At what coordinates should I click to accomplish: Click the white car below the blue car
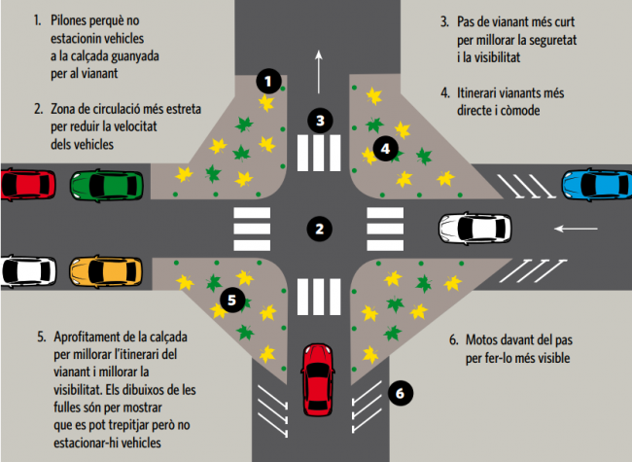coord(474,229)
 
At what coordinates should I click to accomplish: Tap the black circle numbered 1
coord(269,81)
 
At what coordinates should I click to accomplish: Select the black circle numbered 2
coord(318,230)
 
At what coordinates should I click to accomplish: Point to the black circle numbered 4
coord(386,149)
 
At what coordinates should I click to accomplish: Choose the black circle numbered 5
coord(230,300)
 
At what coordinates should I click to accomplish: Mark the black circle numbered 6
coord(400,392)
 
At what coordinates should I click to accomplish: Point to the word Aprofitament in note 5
coord(93,337)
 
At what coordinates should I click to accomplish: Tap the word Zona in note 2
coord(65,110)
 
